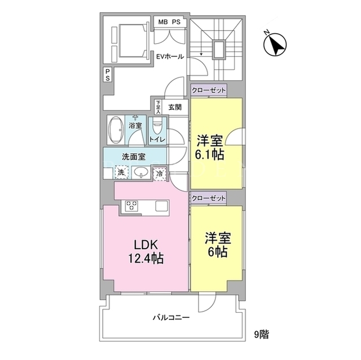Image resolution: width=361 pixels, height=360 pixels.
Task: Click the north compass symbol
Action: [x=275, y=44]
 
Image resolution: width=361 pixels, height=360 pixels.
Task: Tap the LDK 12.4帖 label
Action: [x=146, y=252]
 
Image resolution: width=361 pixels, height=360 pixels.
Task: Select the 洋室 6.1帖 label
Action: [x=209, y=148]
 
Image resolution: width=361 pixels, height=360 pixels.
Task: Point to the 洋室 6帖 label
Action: [x=218, y=245]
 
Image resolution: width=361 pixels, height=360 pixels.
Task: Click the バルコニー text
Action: [x=171, y=318]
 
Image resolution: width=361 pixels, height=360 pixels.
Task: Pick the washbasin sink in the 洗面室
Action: [x=140, y=171]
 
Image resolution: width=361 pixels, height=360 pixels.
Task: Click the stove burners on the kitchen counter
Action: [x=131, y=205]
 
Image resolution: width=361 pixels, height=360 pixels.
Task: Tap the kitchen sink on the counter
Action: [x=162, y=206]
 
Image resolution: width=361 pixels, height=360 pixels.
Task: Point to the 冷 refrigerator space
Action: [x=160, y=174]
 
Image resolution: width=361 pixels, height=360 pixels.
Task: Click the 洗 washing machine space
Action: [x=121, y=172]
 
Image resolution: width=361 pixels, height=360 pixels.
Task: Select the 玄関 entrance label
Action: [x=175, y=107]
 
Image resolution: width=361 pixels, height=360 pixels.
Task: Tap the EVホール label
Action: [x=170, y=56]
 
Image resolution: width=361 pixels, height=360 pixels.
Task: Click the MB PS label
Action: [x=169, y=22]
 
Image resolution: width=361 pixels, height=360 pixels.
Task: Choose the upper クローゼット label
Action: [x=209, y=90]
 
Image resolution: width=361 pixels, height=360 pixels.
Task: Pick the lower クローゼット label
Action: [x=209, y=198]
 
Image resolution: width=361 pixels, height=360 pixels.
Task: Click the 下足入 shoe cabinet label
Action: [x=158, y=107]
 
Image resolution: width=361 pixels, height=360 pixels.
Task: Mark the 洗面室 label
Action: [x=134, y=157]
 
